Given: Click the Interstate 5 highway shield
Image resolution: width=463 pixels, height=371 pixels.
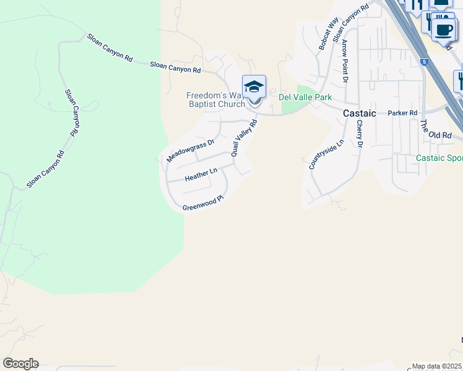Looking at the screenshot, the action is click(x=425, y=61).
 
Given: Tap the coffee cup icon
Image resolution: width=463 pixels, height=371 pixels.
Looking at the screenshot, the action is click(x=443, y=30).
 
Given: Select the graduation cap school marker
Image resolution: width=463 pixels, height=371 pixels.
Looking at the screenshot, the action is click(x=254, y=87).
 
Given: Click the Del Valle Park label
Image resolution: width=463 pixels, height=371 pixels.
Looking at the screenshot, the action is click(x=305, y=97).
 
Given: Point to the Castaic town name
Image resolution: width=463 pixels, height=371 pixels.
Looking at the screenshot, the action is click(x=360, y=113).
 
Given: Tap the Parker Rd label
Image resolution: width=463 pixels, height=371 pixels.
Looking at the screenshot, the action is click(x=403, y=113).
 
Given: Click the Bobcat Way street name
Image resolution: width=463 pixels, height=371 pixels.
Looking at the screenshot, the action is click(x=326, y=34).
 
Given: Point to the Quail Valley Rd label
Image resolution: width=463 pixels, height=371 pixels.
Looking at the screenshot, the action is click(x=244, y=137).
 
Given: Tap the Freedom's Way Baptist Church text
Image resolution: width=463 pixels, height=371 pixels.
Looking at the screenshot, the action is click(x=215, y=100).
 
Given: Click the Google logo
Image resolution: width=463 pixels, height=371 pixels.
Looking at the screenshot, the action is click(x=20, y=364).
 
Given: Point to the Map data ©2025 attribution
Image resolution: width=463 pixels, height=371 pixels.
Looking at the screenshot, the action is click(x=437, y=366).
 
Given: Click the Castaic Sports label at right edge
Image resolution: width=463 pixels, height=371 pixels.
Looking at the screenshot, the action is click(x=439, y=158).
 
